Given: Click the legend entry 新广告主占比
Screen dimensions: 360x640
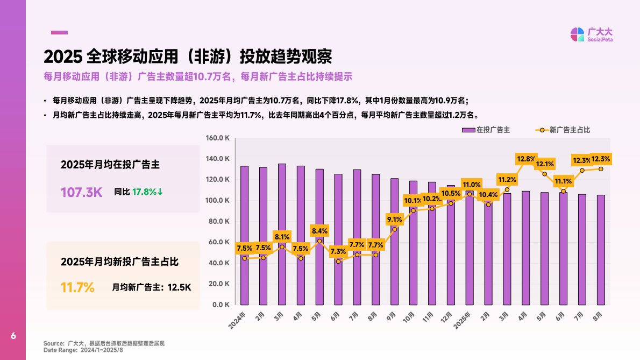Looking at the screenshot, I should pyautogui.click(x=566, y=130).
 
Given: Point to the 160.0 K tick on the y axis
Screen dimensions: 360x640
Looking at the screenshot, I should pyautogui.click(x=218, y=138).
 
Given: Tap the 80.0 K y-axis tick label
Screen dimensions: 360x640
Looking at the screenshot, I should pyautogui.click(x=219, y=221).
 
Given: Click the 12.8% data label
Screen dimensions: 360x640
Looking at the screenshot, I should pyautogui.click(x=526, y=159).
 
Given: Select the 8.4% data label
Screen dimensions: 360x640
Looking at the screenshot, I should pyautogui.click(x=319, y=231).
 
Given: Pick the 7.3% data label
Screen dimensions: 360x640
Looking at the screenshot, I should pyautogui.click(x=338, y=251).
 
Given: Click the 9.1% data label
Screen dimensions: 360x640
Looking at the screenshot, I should pyautogui.click(x=395, y=219).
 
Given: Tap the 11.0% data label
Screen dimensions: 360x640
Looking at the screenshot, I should pyautogui.click(x=472, y=185).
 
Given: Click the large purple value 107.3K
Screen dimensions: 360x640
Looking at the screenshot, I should pyautogui.click(x=81, y=192).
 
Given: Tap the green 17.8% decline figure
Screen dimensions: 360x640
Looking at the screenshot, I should pyautogui.click(x=147, y=192).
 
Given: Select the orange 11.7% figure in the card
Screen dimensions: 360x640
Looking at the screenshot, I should pyautogui.click(x=77, y=287).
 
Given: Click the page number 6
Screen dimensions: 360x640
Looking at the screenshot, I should pyautogui.click(x=13, y=336).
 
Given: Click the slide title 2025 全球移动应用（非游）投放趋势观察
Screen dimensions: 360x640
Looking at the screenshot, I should pyautogui.click(x=188, y=56).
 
